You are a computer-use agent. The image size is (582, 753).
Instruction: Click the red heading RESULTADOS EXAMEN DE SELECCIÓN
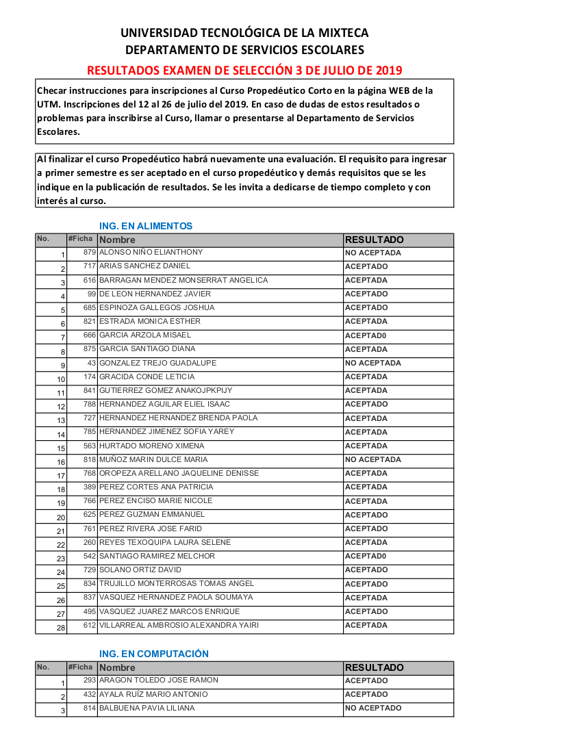pyautogui.click(x=244, y=71)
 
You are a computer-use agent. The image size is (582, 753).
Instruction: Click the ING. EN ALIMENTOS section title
pyautogui.click(x=146, y=226)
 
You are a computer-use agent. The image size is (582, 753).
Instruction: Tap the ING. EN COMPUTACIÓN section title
pyautogui.click(x=154, y=654)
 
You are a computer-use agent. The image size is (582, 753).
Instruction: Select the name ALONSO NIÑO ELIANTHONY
pyautogui.click(x=151, y=253)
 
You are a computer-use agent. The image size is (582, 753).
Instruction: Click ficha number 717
pyautogui.click(x=90, y=266)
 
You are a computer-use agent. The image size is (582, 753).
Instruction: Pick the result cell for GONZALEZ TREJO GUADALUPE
pyautogui.click(x=373, y=363)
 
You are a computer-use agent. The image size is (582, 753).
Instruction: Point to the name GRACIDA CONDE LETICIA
pyautogui.click(x=147, y=376)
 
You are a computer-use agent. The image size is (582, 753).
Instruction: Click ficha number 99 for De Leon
pyautogui.click(x=92, y=294)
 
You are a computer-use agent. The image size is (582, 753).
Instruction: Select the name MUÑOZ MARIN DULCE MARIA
pyautogui.click(x=153, y=459)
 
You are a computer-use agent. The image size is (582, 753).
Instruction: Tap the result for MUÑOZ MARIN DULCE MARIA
pyautogui.click(x=373, y=459)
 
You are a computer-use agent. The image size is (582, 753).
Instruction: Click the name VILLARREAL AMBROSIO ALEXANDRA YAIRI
pyautogui.click(x=179, y=625)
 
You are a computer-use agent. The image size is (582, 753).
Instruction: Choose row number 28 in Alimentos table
pyautogui.click(x=61, y=627)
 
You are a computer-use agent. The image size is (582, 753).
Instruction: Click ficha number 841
pyautogui.click(x=90, y=390)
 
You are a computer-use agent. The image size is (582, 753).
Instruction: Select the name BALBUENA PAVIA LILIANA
pyautogui.click(x=147, y=708)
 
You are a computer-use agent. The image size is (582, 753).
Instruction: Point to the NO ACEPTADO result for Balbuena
pyautogui.click(x=373, y=709)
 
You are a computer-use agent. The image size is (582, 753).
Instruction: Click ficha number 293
pyautogui.click(x=90, y=680)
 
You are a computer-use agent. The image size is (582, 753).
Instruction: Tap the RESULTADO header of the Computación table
pyautogui.click(x=375, y=667)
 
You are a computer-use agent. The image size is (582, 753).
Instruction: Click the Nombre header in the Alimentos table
pyautogui.click(x=117, y=240)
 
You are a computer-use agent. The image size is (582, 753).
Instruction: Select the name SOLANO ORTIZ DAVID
pyautogui.click(x=140, y=570)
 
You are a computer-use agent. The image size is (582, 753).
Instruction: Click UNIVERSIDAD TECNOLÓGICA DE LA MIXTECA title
pyautogui.click(x=244, y=33)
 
